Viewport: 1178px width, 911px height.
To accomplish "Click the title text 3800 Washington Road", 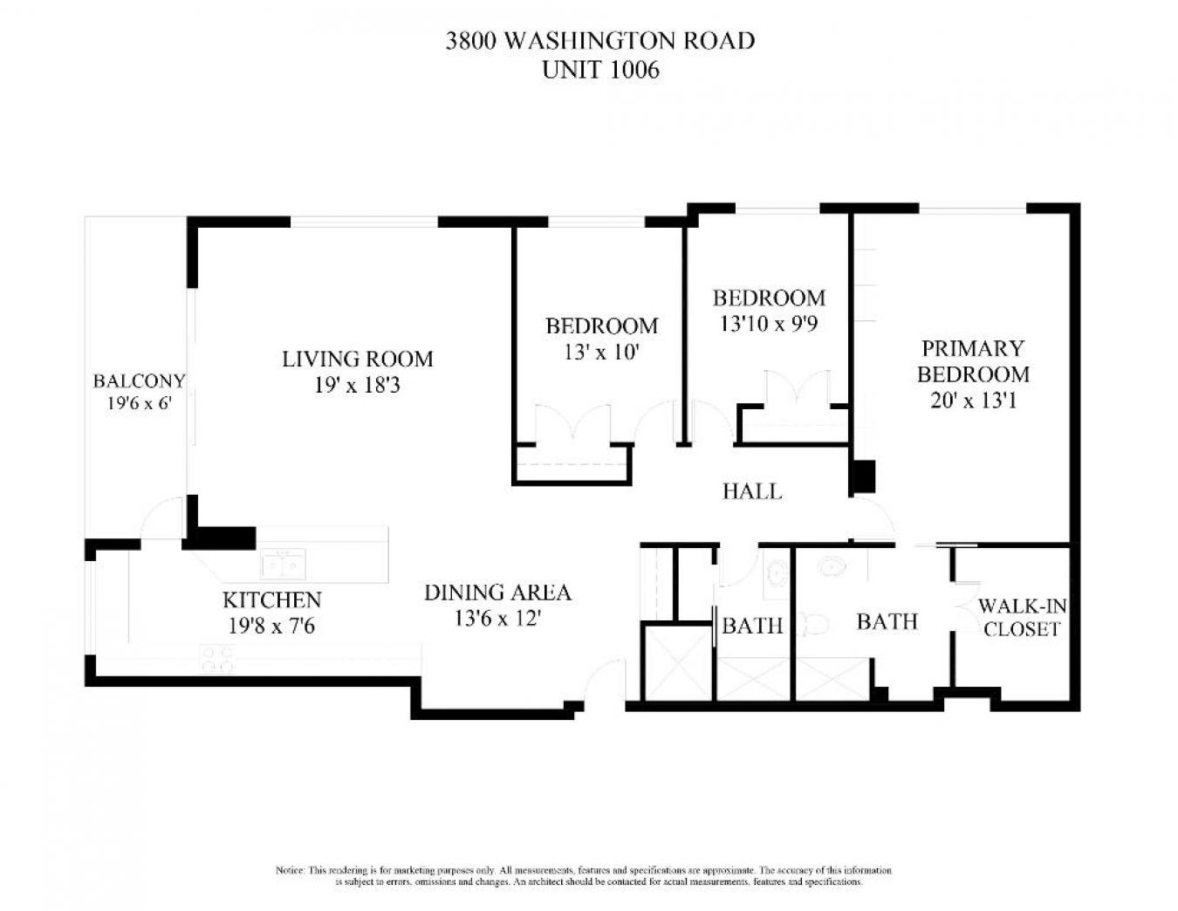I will [x=599, y=40].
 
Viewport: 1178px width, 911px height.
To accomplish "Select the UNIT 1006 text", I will [x=599, y=70].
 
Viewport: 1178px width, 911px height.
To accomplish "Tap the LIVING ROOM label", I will [x=357, y=359].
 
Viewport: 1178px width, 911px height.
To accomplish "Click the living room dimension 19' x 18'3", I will [x=357, y=385].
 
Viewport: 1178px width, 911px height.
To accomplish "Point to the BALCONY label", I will [x=139, y=380].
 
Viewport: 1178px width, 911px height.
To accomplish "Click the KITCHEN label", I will [x=271, y=600].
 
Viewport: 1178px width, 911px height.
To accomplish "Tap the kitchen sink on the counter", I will [x=284, y=564].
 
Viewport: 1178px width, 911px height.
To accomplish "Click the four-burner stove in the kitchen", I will [x=217, y=658].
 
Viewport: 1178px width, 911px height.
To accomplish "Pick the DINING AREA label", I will [x=497, y=593].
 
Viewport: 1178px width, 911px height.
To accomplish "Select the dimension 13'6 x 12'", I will [x=497, y=619].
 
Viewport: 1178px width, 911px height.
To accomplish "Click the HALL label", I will [x=751, y=491].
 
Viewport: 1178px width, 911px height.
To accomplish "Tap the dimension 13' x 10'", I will [x=601, y=352].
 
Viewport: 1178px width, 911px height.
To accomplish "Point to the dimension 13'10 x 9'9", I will [x=768, y=324].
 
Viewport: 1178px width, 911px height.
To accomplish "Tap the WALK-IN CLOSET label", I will [x=1021, y=617].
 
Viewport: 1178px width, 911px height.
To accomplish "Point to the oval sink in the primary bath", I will [x=831, y=567].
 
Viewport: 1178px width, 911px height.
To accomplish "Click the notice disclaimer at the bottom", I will [x=584, y=876].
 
